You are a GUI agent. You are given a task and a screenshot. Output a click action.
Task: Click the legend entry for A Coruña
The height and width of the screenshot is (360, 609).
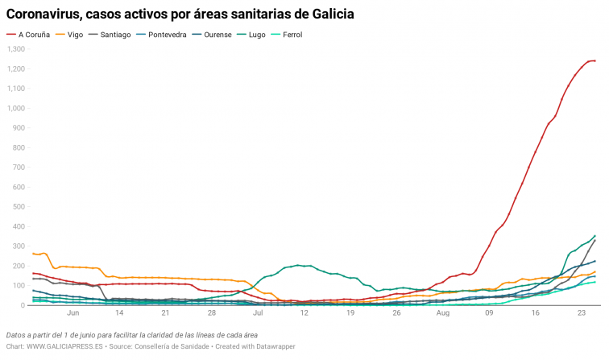pyautogui.click(x=37, y=35)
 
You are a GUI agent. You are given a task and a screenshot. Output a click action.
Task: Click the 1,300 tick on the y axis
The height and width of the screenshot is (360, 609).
pyautogui.click(x=16, y=49)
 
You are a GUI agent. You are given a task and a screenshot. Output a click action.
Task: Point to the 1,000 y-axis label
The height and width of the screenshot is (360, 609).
pyautogui.click(x=16, y=108)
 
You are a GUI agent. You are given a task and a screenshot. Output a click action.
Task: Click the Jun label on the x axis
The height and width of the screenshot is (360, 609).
pyautogui.click(x=73, y=314)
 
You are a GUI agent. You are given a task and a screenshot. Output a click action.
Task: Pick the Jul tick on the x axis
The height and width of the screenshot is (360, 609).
pyautogui.click(x=258, y=314)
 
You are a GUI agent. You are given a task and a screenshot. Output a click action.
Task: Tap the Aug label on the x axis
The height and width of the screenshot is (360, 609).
pyautogui.click(x=442, y=314)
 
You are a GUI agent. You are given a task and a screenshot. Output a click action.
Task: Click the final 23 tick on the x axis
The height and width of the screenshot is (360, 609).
pyautogui.click(x=581, y=314)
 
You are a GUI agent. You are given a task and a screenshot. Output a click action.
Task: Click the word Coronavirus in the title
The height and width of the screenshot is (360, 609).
pyautogui.click(x=51, y=14)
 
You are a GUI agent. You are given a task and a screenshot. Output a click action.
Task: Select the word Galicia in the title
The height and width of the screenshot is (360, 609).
pyautogui.click(x=329, y=14)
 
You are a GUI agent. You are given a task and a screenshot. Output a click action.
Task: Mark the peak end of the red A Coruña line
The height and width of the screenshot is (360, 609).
pyautogui.click(x=594, y=60)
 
